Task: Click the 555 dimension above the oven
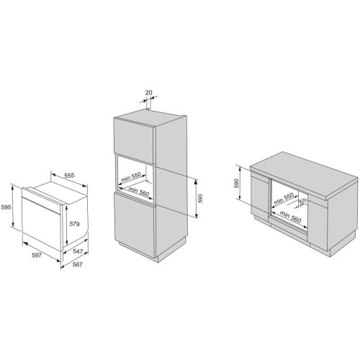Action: [69, 175]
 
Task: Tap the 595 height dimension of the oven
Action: [6, 207]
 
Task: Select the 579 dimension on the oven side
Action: [74, 224]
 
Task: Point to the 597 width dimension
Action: [37, 255]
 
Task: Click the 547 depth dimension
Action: [78, 251]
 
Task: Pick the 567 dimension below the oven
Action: [77, 264]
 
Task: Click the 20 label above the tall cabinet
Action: [149, 92]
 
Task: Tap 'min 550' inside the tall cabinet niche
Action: [131, 177]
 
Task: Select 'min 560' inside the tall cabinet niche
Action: [139, 192]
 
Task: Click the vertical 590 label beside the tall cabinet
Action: [200, 199]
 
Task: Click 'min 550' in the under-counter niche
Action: [284, 198]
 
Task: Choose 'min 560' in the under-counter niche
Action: [290, 217]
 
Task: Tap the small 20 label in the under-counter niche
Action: [304, 200]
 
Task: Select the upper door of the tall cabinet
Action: [134, 141]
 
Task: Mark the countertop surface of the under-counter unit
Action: [304, 175]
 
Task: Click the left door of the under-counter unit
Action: [259, 197]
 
